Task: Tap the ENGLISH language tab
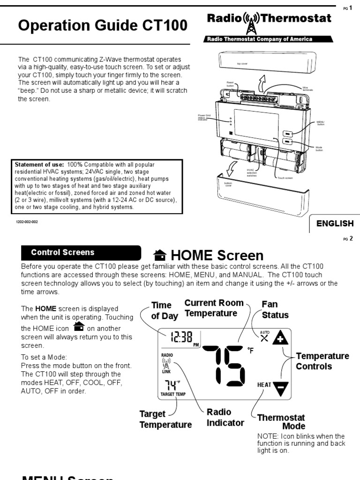pyautogui.click(x=335, y=223)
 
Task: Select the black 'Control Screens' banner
pyautogui.click(x=81, y=253)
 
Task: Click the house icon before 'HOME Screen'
pyautogui.click(x=160, y=255)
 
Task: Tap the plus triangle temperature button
pyautogui.click(x=280, y=338)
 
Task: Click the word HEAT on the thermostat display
pyautogui.click(x=264, y=385)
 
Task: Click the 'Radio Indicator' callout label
pyautogui.click(x=225, y=417)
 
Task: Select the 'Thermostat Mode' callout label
pyautogui.click(x=281, y=422)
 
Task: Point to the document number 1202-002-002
pyautogui.click(x=27, y=222)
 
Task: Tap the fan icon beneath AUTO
pyautogui.click(x=265, y=339)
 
